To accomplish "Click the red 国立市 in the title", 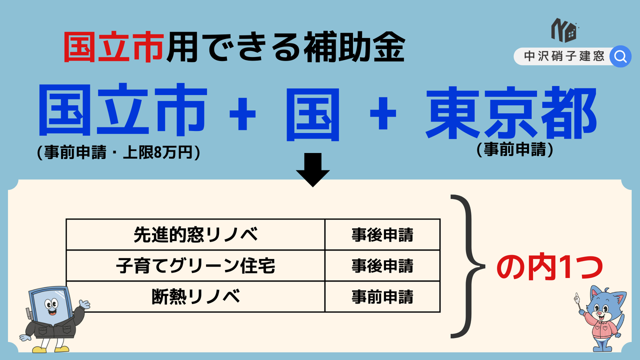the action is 114,47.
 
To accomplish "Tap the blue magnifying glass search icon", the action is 620,56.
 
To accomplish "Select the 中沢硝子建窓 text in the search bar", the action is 564,56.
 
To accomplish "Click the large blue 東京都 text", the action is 511,112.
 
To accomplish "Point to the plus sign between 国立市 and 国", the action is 242,113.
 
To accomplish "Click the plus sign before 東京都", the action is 383,113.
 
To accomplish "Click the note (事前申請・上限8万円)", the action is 118,152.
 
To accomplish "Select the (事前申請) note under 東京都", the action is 515,149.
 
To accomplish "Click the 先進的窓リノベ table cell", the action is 195,234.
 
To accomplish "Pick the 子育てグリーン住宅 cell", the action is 195,265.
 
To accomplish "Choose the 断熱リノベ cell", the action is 195,296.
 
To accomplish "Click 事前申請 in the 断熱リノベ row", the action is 382,296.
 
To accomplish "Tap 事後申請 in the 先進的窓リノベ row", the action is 382,235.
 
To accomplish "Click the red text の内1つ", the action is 549,268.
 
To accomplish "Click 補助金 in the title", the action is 354,47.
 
